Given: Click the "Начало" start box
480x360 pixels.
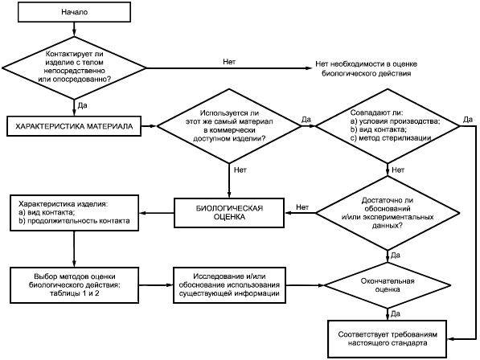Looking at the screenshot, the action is point(75,12).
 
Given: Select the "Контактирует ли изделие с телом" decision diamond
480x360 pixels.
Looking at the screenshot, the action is point(74,67).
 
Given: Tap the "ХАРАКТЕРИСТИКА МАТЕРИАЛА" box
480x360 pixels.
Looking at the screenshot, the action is point(74,126).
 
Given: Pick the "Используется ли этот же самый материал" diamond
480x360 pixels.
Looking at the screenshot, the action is point(229,125).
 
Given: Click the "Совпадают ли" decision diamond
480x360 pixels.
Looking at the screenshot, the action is point(388,125).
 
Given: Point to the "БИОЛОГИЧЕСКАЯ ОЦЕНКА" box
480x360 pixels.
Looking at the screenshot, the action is point(229,213).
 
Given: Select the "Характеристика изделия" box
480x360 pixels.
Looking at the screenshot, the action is point(75,213).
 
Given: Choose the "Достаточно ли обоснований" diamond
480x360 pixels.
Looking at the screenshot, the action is point(388,213).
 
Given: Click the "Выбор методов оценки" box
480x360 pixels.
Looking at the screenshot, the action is point(75,285).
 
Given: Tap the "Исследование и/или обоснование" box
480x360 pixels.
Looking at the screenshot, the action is point(230,285).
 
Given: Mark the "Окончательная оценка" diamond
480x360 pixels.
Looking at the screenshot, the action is point(388,285).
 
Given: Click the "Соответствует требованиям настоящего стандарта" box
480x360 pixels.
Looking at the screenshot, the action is point(388,339).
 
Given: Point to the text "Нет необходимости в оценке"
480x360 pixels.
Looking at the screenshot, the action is point(367,64).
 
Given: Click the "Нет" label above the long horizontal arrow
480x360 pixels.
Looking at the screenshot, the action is point(229,62).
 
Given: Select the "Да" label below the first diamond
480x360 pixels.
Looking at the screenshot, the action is point(82,105).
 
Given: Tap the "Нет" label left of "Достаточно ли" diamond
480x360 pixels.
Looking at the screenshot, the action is point(302,207).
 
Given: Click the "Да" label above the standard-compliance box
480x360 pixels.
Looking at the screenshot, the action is point(396,314).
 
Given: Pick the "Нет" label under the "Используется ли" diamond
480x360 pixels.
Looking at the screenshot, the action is point(240,170).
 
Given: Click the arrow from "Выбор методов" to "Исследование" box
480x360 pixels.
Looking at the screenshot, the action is point(156,285).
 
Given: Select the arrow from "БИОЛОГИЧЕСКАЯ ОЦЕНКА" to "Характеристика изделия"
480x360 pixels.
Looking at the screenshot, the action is point(157,213).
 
